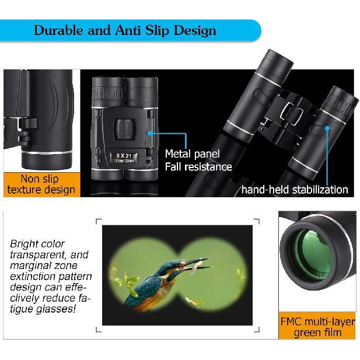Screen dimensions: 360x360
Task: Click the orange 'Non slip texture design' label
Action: click(x=40, y=184)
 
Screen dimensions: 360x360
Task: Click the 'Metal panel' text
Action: click(x=192, y=154)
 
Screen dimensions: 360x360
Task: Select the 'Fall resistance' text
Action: click(x=198, y=167)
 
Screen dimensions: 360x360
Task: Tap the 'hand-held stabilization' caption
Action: click(x=295, y=189)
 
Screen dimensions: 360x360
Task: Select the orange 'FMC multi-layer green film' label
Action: click(x=317, y=327)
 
